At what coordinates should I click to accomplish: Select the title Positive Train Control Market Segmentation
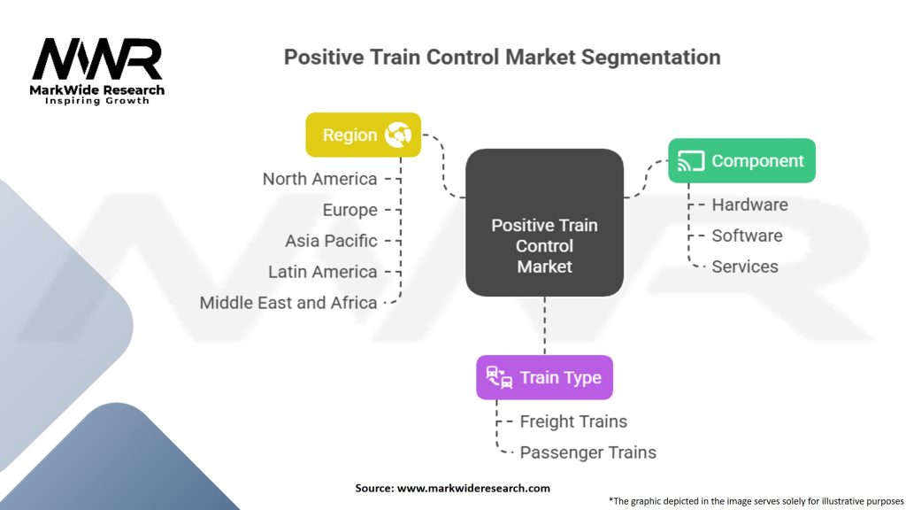point(502,58)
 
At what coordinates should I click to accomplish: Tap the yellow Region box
point(363,135)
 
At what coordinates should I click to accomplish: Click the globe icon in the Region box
point(398,135)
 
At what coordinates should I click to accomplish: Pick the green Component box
point(741,161)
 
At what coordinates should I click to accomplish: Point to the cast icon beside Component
point(690,161)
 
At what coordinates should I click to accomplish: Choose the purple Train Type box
point(544,377)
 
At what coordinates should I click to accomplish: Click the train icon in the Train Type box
point(499,377)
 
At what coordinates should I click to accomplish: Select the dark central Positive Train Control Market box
point(544,221)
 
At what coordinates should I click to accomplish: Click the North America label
point(319,179)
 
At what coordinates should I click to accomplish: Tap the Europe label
point(349,210)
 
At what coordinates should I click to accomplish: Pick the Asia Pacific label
point(331,241)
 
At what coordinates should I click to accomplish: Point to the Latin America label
point(323,272)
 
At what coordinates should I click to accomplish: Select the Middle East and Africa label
point(288,303)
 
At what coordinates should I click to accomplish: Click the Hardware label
point(749,205)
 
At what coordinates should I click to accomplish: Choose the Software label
point(747,236)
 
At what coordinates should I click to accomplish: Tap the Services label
point(745,267)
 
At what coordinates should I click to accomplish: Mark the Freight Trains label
point(573,421)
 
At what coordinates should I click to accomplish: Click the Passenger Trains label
point(587,452)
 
